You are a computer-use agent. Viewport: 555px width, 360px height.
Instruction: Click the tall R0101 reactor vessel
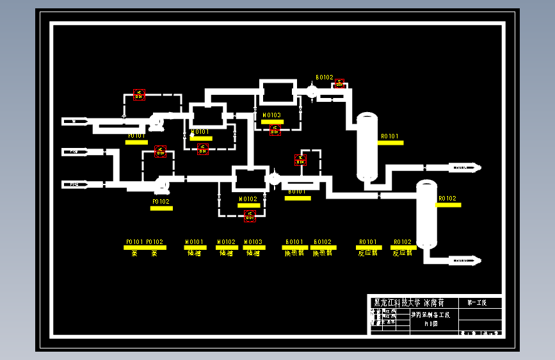(x=367, y=147)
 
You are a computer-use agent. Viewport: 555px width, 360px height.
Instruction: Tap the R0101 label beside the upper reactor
(x=389, y=136)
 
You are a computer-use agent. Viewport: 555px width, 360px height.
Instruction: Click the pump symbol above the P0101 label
(x=157, y=120)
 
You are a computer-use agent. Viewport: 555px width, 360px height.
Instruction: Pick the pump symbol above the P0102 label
(x=161, y=186)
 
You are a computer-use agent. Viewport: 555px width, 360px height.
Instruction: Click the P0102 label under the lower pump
(x=161, y=202)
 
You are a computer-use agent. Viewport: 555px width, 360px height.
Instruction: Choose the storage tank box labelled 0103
(x=277, y=92)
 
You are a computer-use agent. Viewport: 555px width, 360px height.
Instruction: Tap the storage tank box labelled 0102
(x=249, y=179)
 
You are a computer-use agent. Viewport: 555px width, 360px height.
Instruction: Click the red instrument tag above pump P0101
(x=139, y=95)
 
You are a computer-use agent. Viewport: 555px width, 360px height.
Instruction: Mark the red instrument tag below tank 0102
(x=250, y=215)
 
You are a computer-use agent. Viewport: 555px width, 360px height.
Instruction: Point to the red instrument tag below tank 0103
(x=275, y=129)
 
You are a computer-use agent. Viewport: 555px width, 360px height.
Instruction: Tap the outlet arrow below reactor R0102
(x=465, y=260)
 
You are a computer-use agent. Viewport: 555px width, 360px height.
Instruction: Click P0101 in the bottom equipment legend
(x=134, y=242)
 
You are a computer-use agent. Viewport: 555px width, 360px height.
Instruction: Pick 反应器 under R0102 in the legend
(x=402, y=253)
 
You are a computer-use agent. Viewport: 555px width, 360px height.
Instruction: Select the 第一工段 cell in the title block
(x=477, y=302)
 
